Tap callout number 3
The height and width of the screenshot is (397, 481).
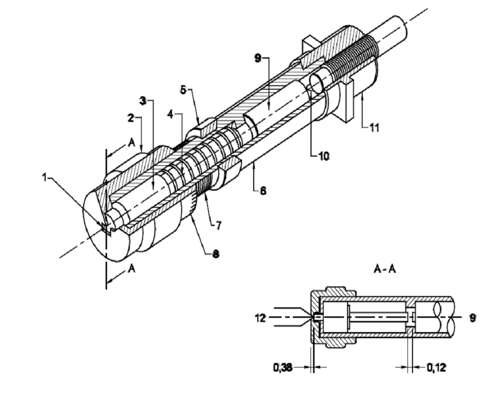point(143,101)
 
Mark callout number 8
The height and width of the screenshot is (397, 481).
point(216,254)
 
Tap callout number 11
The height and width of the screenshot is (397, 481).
point(374,127)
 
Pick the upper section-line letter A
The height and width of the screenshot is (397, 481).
point(131,144)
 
